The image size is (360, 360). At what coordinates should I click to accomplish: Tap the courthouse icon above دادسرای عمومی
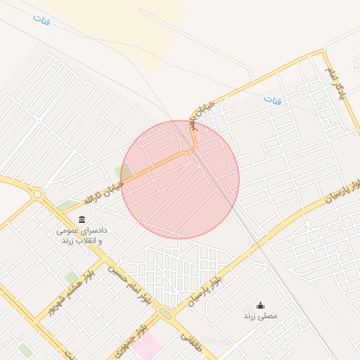tap(82, 219)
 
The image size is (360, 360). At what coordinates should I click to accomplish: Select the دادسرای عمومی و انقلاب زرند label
tap(81, 235)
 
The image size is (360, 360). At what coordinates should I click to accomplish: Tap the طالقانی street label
tap(191, 342)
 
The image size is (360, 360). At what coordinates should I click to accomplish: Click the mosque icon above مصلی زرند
tap(260, 305)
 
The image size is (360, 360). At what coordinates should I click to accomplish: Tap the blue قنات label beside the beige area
tap(41, 19)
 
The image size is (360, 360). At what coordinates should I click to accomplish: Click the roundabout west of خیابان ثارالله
tap(37, 193)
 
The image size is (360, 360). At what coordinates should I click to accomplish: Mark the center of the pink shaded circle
tap(180, 179)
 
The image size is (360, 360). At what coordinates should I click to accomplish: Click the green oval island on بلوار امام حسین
tap(165, 312)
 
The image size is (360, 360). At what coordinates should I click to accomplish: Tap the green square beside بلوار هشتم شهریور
tap(70, 277)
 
